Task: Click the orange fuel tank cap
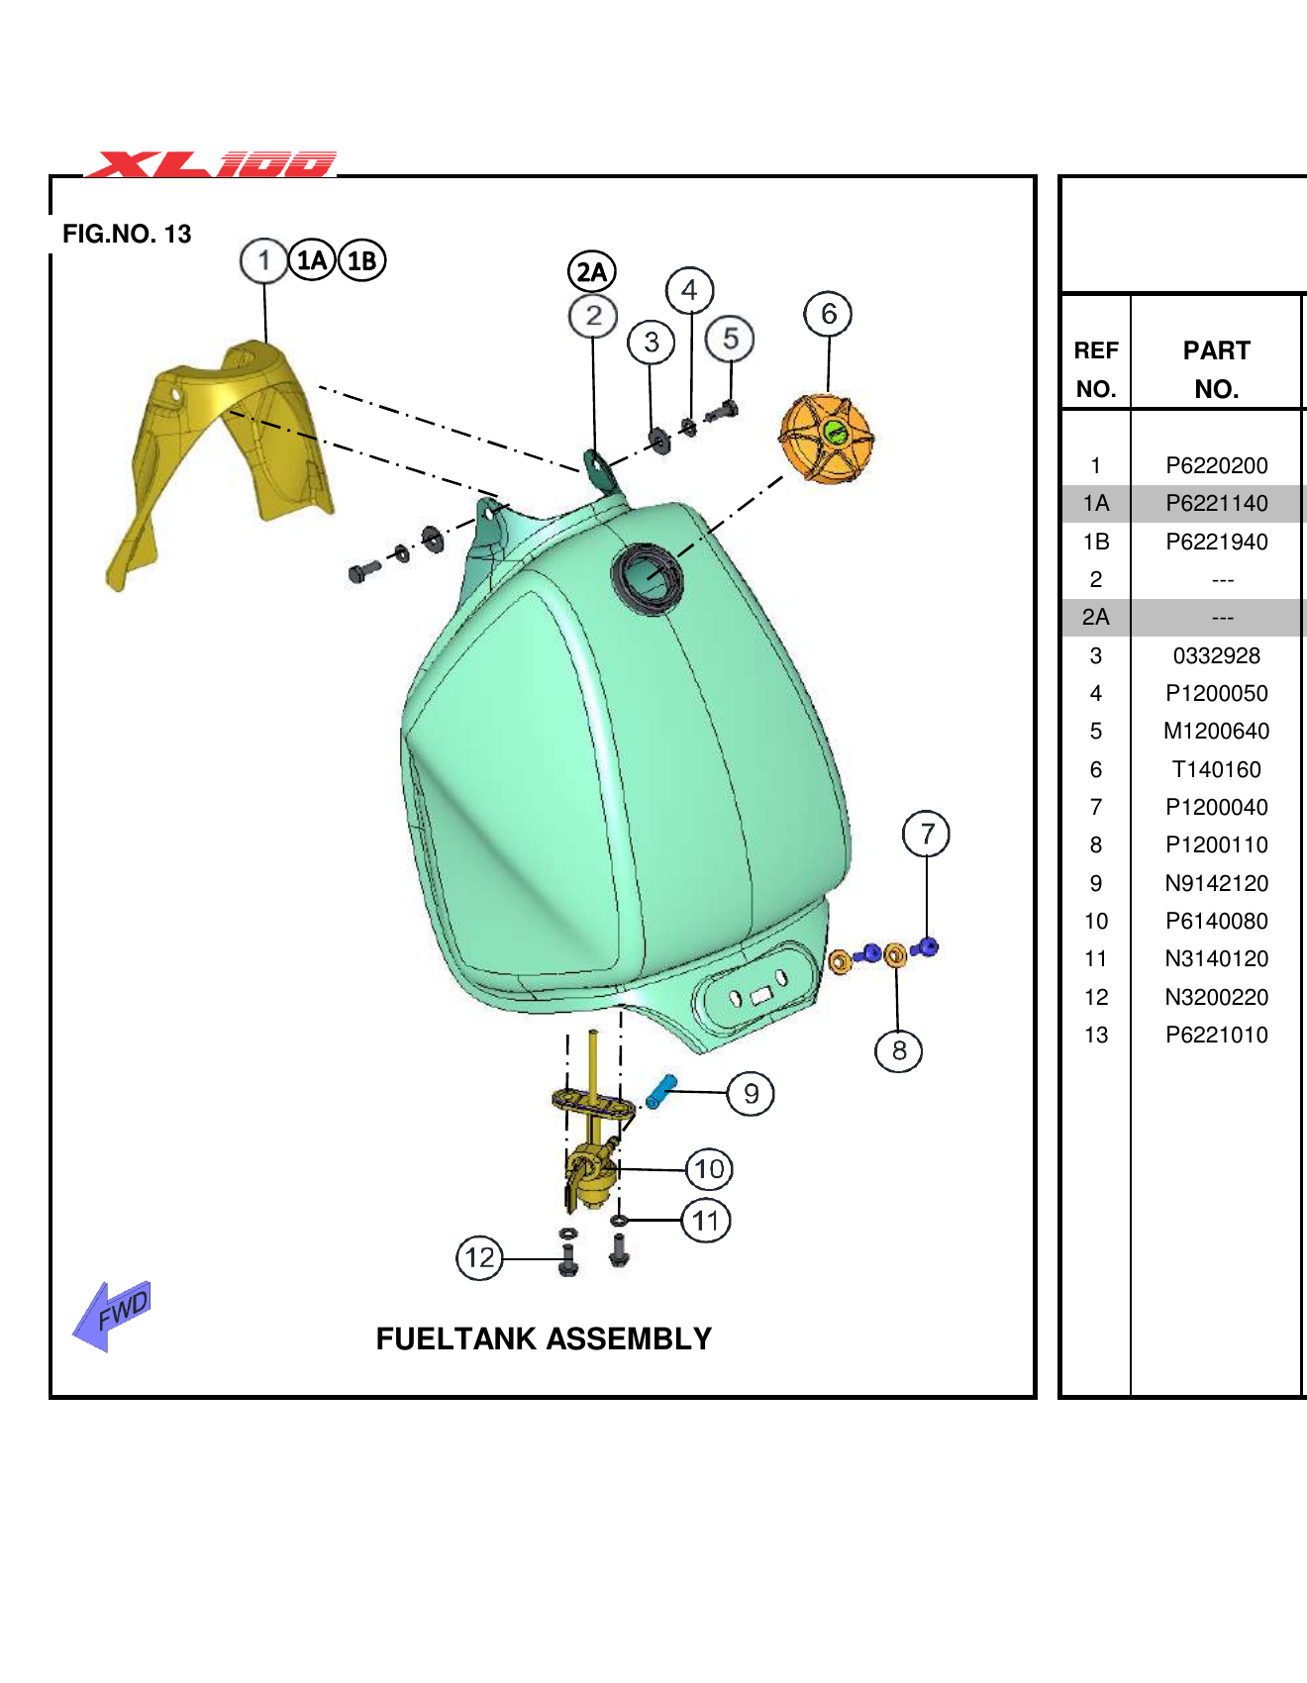tap(826, 439)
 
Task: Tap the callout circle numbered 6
tap(828, 314)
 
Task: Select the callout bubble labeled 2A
tap(591, 271)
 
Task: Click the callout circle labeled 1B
tap(361, 260)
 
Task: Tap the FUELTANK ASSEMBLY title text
tap(544, 1338)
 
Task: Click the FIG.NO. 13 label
tap(127, 234)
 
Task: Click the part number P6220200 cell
tap(1216, 465)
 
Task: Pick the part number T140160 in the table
tap(1216, 769)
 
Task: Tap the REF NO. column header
tap(1095, 369)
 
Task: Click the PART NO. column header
tap(1216, 369)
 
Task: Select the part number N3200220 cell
tap(1216, 997)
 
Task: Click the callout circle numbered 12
tap(479, 1258)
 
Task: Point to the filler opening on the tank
tap(648, 573)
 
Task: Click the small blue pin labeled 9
tap(660, 1091)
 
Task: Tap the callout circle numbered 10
tap(709, 1169)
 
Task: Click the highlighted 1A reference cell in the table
tap(1095, 503)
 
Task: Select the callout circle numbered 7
tap(926, 834)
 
